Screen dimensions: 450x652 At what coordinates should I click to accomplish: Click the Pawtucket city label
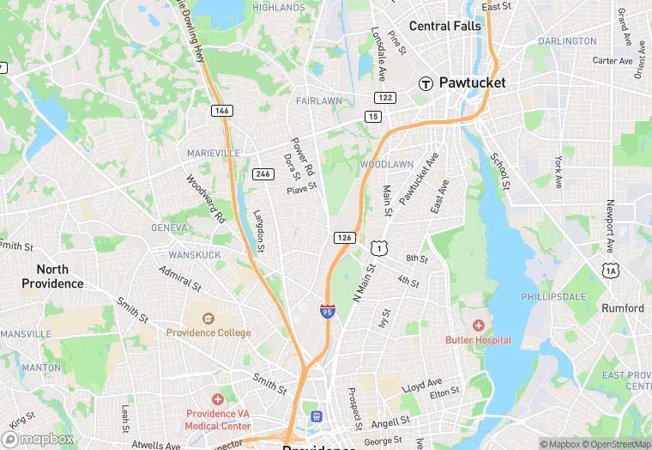point(472,83)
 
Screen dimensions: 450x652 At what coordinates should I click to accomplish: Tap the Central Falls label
point(445,26)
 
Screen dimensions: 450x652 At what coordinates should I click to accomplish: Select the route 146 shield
point(222,110)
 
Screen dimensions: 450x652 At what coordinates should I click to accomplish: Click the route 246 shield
point(263,173)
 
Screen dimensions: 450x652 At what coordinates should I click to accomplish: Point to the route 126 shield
point(344,236)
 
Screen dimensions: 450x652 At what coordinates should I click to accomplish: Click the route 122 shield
point(385,98)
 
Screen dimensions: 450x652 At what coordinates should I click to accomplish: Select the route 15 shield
point(371,116)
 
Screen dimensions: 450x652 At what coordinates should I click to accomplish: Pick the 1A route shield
point(611,271)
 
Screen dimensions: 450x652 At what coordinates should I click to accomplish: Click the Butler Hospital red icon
point(478,325)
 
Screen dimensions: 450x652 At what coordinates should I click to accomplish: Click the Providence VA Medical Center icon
point(218,399)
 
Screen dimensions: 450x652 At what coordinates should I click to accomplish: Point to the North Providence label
point(52,277)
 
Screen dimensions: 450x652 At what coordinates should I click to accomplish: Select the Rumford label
point(623,308)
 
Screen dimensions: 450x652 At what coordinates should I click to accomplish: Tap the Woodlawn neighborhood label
point(386,164)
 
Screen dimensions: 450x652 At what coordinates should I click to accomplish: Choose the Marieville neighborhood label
point(214,153)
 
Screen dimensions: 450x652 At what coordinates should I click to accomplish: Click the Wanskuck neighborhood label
point(195,255)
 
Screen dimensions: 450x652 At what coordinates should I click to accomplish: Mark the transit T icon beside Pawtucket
point(425,83)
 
